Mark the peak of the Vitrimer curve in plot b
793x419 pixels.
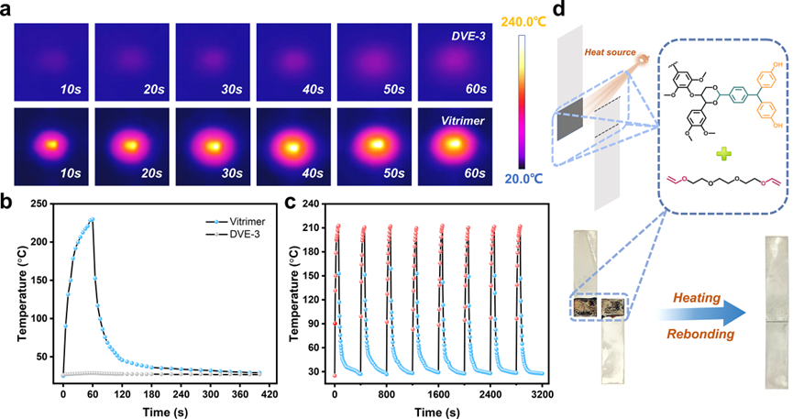pyautogui.click(x=92, y=219)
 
